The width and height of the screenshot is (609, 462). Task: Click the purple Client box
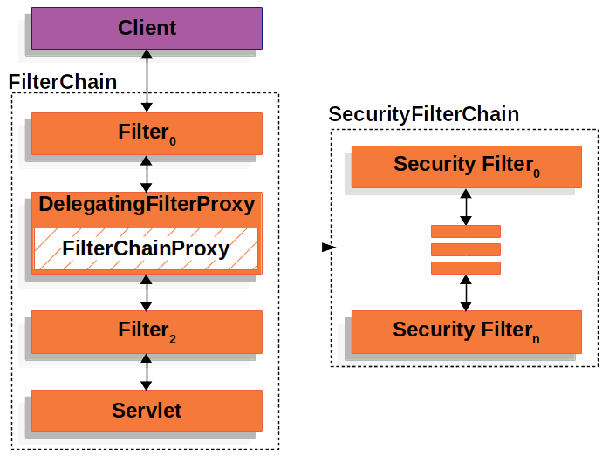pyautogui.click(x=147, y=28)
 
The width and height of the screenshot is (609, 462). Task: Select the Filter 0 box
pyautogui.click(x=147, y=134)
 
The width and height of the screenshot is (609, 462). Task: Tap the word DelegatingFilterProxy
pyautogui.click(x=147, y=205)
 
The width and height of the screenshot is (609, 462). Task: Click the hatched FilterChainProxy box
pyautogui.click(x=146, y=248)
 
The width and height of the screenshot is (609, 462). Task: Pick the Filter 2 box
pyautogui.click(x=147, y=332)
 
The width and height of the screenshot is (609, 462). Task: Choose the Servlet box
pyautogui.click(x=147, y=411)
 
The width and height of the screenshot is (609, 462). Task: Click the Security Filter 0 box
pyautogui.click(x=467, y=166)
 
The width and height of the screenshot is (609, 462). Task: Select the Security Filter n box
pyautogui.click(x=467, y=332)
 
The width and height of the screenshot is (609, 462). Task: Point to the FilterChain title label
pyautogui.click(x=63, y=82)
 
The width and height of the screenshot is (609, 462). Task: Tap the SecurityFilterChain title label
pyautogui.click(x=424, y=114)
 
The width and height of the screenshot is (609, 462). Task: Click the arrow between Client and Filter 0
pyautogui.click(x=147, y=81)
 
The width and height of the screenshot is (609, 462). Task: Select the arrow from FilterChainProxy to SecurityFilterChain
pyautogui.click(x=300, y=247)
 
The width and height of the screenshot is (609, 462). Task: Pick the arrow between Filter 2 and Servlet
pyautogui.click(x=147, y=372)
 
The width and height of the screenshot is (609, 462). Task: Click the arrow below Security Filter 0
pyautogui.click(x=466, y=207)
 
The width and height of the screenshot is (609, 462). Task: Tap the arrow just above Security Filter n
pyautogui.click(x=466, y=293)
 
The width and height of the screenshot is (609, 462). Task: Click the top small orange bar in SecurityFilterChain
pyautogui.click(x=466, y=231)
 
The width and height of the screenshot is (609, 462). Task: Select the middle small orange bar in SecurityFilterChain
pyautogui.click(x=466, y=249)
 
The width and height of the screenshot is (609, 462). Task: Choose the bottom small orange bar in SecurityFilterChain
pyautogui.click(x=466, y=268)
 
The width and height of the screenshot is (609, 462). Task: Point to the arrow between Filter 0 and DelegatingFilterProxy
pyautogui.click(x=147, y=173)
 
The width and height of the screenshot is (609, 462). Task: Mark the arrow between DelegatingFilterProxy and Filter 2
pyautogui.click(x=147, y=293)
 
